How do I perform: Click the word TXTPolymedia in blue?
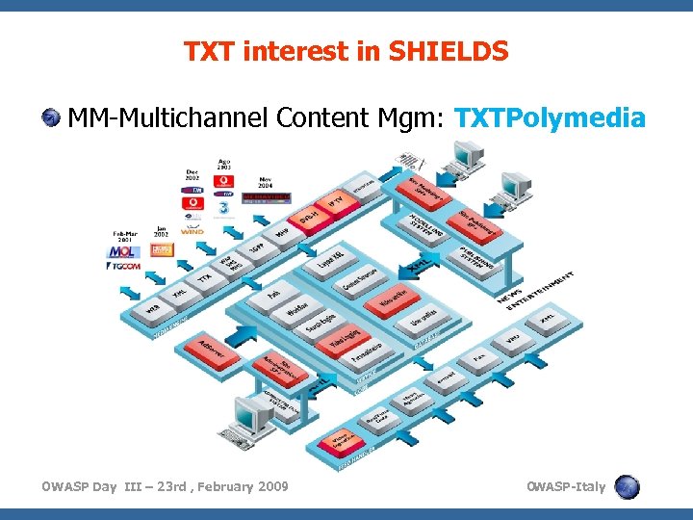549,118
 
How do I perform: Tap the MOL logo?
122,252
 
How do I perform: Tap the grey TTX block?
204,277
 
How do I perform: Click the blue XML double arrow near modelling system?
417,263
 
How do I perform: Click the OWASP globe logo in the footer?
627,486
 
